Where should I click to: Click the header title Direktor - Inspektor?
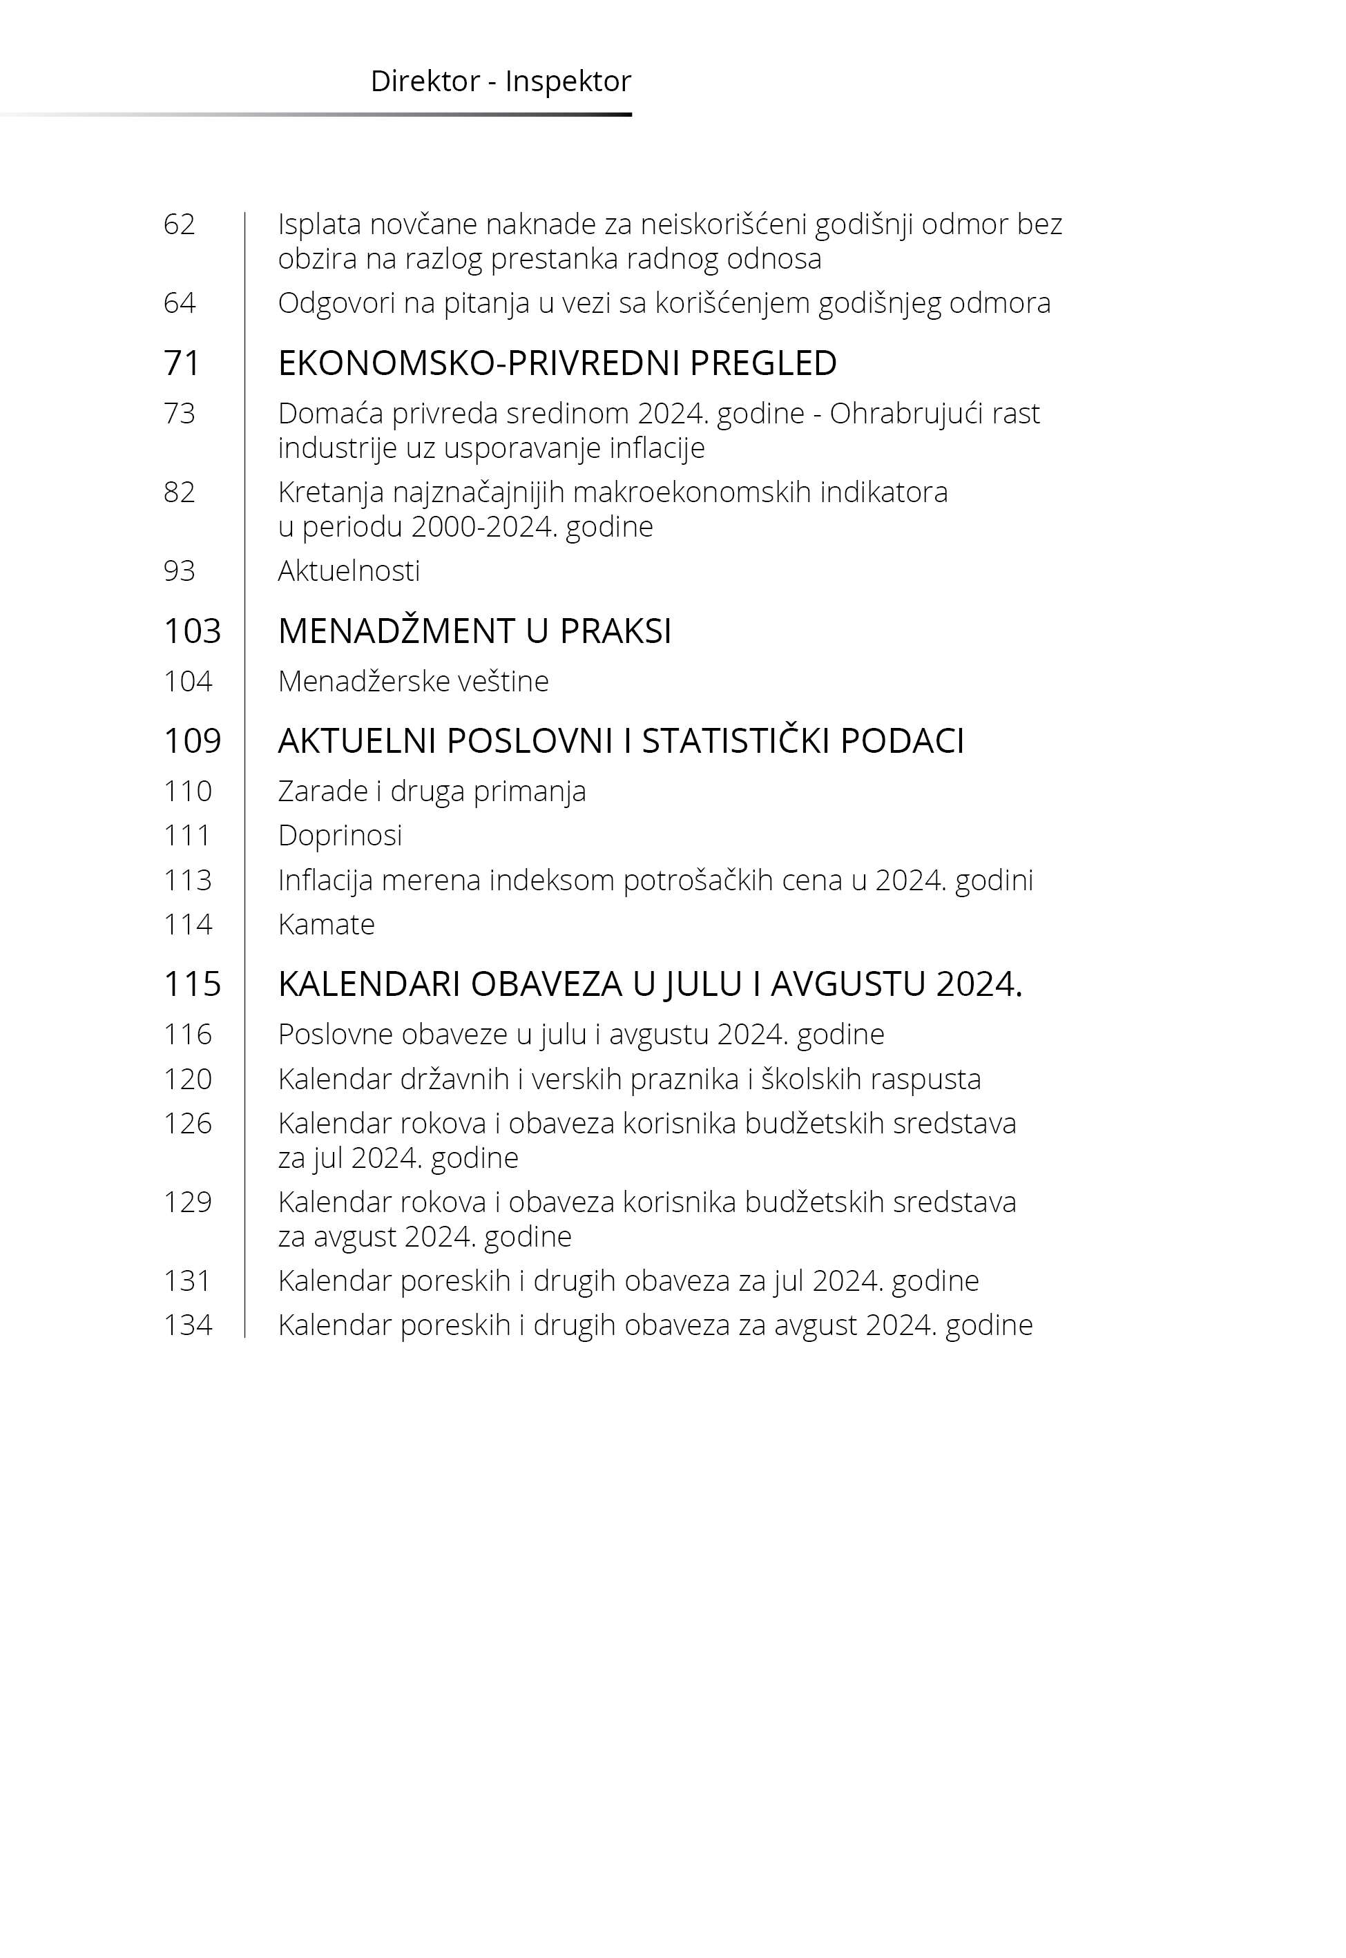(x=500, y=81)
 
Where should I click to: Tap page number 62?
(x=179, y=224)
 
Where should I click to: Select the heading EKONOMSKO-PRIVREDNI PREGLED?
(x=557, y=363)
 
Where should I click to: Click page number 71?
(x=182, y=363)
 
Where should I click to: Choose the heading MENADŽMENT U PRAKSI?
(x=474, y=631)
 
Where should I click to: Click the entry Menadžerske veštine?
(x=412, y=682)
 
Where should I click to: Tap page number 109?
(x=191, y=741)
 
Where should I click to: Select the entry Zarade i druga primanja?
(x=431, y=791)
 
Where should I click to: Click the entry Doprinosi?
(x=340, y=836)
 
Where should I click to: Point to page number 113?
(x=187, y=881)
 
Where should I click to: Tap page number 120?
(x=187, y=1079)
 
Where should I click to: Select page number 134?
(x=187, y=1325)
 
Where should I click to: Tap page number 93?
(x=179, y=571)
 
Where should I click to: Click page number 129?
(x=187, y=1202)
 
